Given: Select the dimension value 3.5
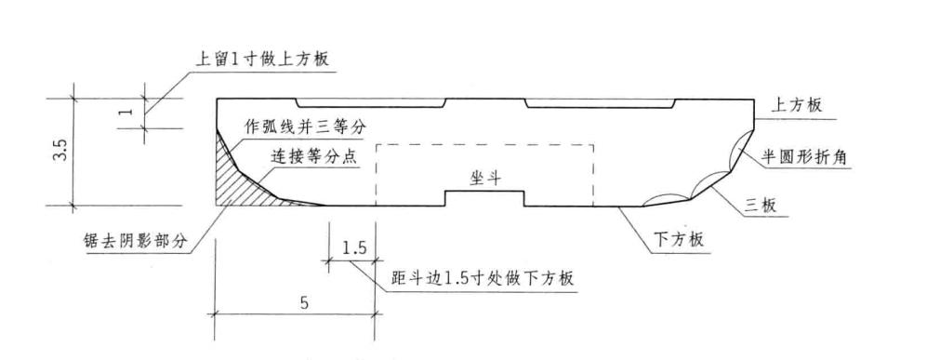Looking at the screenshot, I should [x=60, y=152].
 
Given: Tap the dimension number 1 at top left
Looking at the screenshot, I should [x=130, y=110].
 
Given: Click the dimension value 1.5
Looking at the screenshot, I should [x=353, y=248].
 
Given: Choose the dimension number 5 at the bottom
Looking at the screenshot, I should [x=294, y=301].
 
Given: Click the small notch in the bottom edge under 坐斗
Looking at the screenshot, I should [x=484, y=199].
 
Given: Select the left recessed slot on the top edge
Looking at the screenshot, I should [x=371, y=103].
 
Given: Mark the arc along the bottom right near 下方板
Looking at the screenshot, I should [x=667, y=197].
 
